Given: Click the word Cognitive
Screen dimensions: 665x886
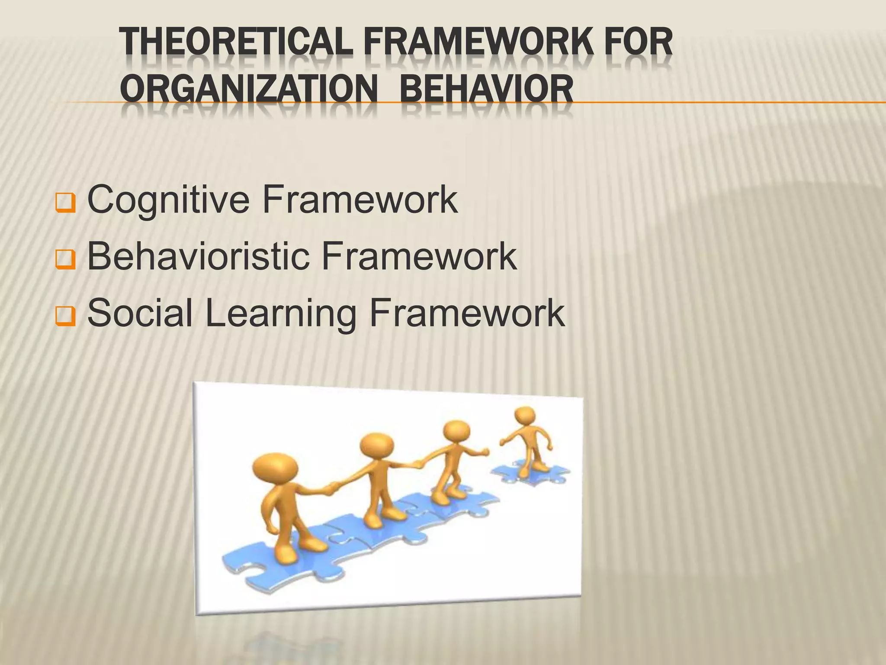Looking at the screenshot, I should point(168,200).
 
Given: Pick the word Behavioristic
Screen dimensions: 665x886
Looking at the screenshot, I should point(199,256).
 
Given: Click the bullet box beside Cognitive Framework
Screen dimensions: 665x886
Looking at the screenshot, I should point(66,203).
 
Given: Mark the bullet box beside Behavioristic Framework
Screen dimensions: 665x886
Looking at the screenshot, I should point(66,260).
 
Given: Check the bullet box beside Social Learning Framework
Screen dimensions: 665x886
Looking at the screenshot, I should point(66,316).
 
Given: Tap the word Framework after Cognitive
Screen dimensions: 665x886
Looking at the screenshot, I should point(360,200).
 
